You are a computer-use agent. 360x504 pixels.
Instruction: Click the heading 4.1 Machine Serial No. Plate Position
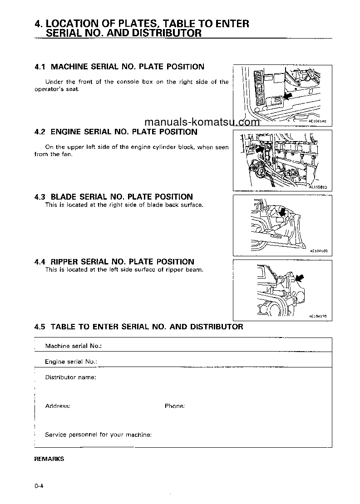coord(119,67)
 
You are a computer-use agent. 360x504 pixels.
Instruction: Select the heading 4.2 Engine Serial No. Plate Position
coord(116,132)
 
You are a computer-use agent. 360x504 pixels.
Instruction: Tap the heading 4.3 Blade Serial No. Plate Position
coord(113,197)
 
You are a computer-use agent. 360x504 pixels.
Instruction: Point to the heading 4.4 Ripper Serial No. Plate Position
coord(114,262)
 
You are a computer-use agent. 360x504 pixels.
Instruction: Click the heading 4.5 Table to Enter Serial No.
coord(138,327)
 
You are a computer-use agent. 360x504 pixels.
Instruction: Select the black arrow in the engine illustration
coord(260,148)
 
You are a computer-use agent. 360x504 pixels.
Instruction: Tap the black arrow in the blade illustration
coord(283,211)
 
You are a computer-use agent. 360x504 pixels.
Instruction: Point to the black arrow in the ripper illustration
coord(299,277)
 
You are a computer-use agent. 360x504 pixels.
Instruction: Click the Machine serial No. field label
coord(73,346)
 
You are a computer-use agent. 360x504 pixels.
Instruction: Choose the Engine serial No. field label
coord(71,362)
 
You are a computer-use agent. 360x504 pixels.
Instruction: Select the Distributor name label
coord(70,377)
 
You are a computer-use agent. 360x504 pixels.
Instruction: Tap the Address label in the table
coord(58,406)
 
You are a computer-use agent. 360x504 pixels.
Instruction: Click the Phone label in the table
coord(174,406)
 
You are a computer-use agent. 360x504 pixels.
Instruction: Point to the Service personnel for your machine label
coord(98,435)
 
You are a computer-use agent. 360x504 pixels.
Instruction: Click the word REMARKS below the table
coord(49,459)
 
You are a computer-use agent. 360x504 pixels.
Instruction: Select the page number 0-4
coord(38,486)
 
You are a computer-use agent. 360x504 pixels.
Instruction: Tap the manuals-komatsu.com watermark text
coord(202,122)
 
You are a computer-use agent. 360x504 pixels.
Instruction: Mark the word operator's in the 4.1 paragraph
coord(50,89)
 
